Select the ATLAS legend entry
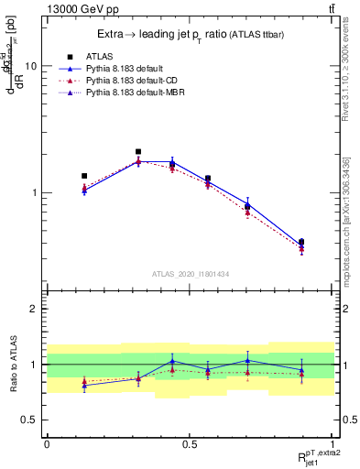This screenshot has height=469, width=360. (x=98, y=55)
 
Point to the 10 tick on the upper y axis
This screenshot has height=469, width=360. (x=30, y=67)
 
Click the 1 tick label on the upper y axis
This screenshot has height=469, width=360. (x=33, y=193)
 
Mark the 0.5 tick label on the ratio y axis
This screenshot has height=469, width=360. (x=28, y=420)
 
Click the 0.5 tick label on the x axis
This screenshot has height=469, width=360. (x=190, y=443)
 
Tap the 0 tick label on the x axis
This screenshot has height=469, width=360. (x=47, y=443)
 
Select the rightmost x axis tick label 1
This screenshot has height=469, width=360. (x=333, y=443)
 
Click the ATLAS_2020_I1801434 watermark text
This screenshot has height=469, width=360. (x=190, y=274)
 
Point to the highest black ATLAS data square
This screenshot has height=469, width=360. (x=138, y=152)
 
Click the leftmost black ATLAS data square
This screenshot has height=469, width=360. (x=84, y=176)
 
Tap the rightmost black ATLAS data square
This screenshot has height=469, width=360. (x=301, y=242)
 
